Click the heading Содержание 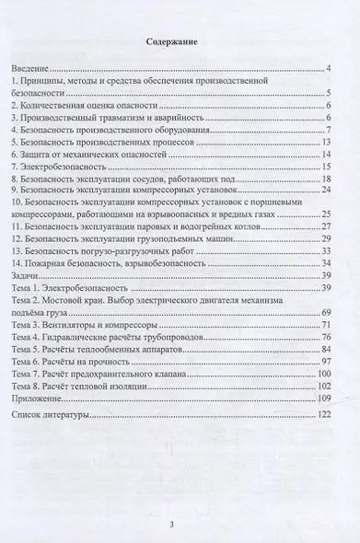[x=179, y=41]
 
